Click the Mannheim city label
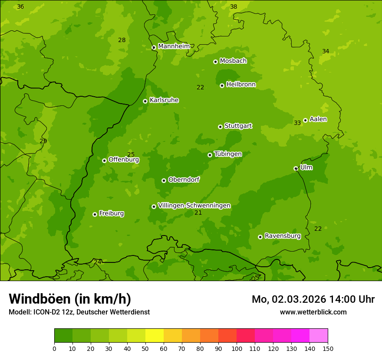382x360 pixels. click(174, 46)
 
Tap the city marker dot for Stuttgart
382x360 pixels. click(220, 127)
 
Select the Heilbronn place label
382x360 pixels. click(241, 85)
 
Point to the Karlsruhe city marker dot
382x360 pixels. click(145, 101)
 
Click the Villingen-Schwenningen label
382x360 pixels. click(194, 206)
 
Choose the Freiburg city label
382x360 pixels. click(111, 213)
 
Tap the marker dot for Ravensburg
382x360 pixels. click(260, 237)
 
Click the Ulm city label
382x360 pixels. click(306, 167)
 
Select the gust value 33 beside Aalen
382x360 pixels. click(297, 123)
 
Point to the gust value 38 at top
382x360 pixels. click(234, 7)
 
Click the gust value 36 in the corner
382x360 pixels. click(20, 7)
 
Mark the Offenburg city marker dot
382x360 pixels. click(104, 160)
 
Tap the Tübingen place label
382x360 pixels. click(228, 154)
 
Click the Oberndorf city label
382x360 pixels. click(184, 180)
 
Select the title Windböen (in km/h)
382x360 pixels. click(70, 299)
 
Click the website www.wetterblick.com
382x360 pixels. click(313, 312)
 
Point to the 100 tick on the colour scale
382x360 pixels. click(237, 348)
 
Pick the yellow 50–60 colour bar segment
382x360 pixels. click(155, 336)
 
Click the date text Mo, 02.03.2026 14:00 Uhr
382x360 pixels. click(313, 299)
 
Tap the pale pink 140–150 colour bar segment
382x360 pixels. click(319, 336)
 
